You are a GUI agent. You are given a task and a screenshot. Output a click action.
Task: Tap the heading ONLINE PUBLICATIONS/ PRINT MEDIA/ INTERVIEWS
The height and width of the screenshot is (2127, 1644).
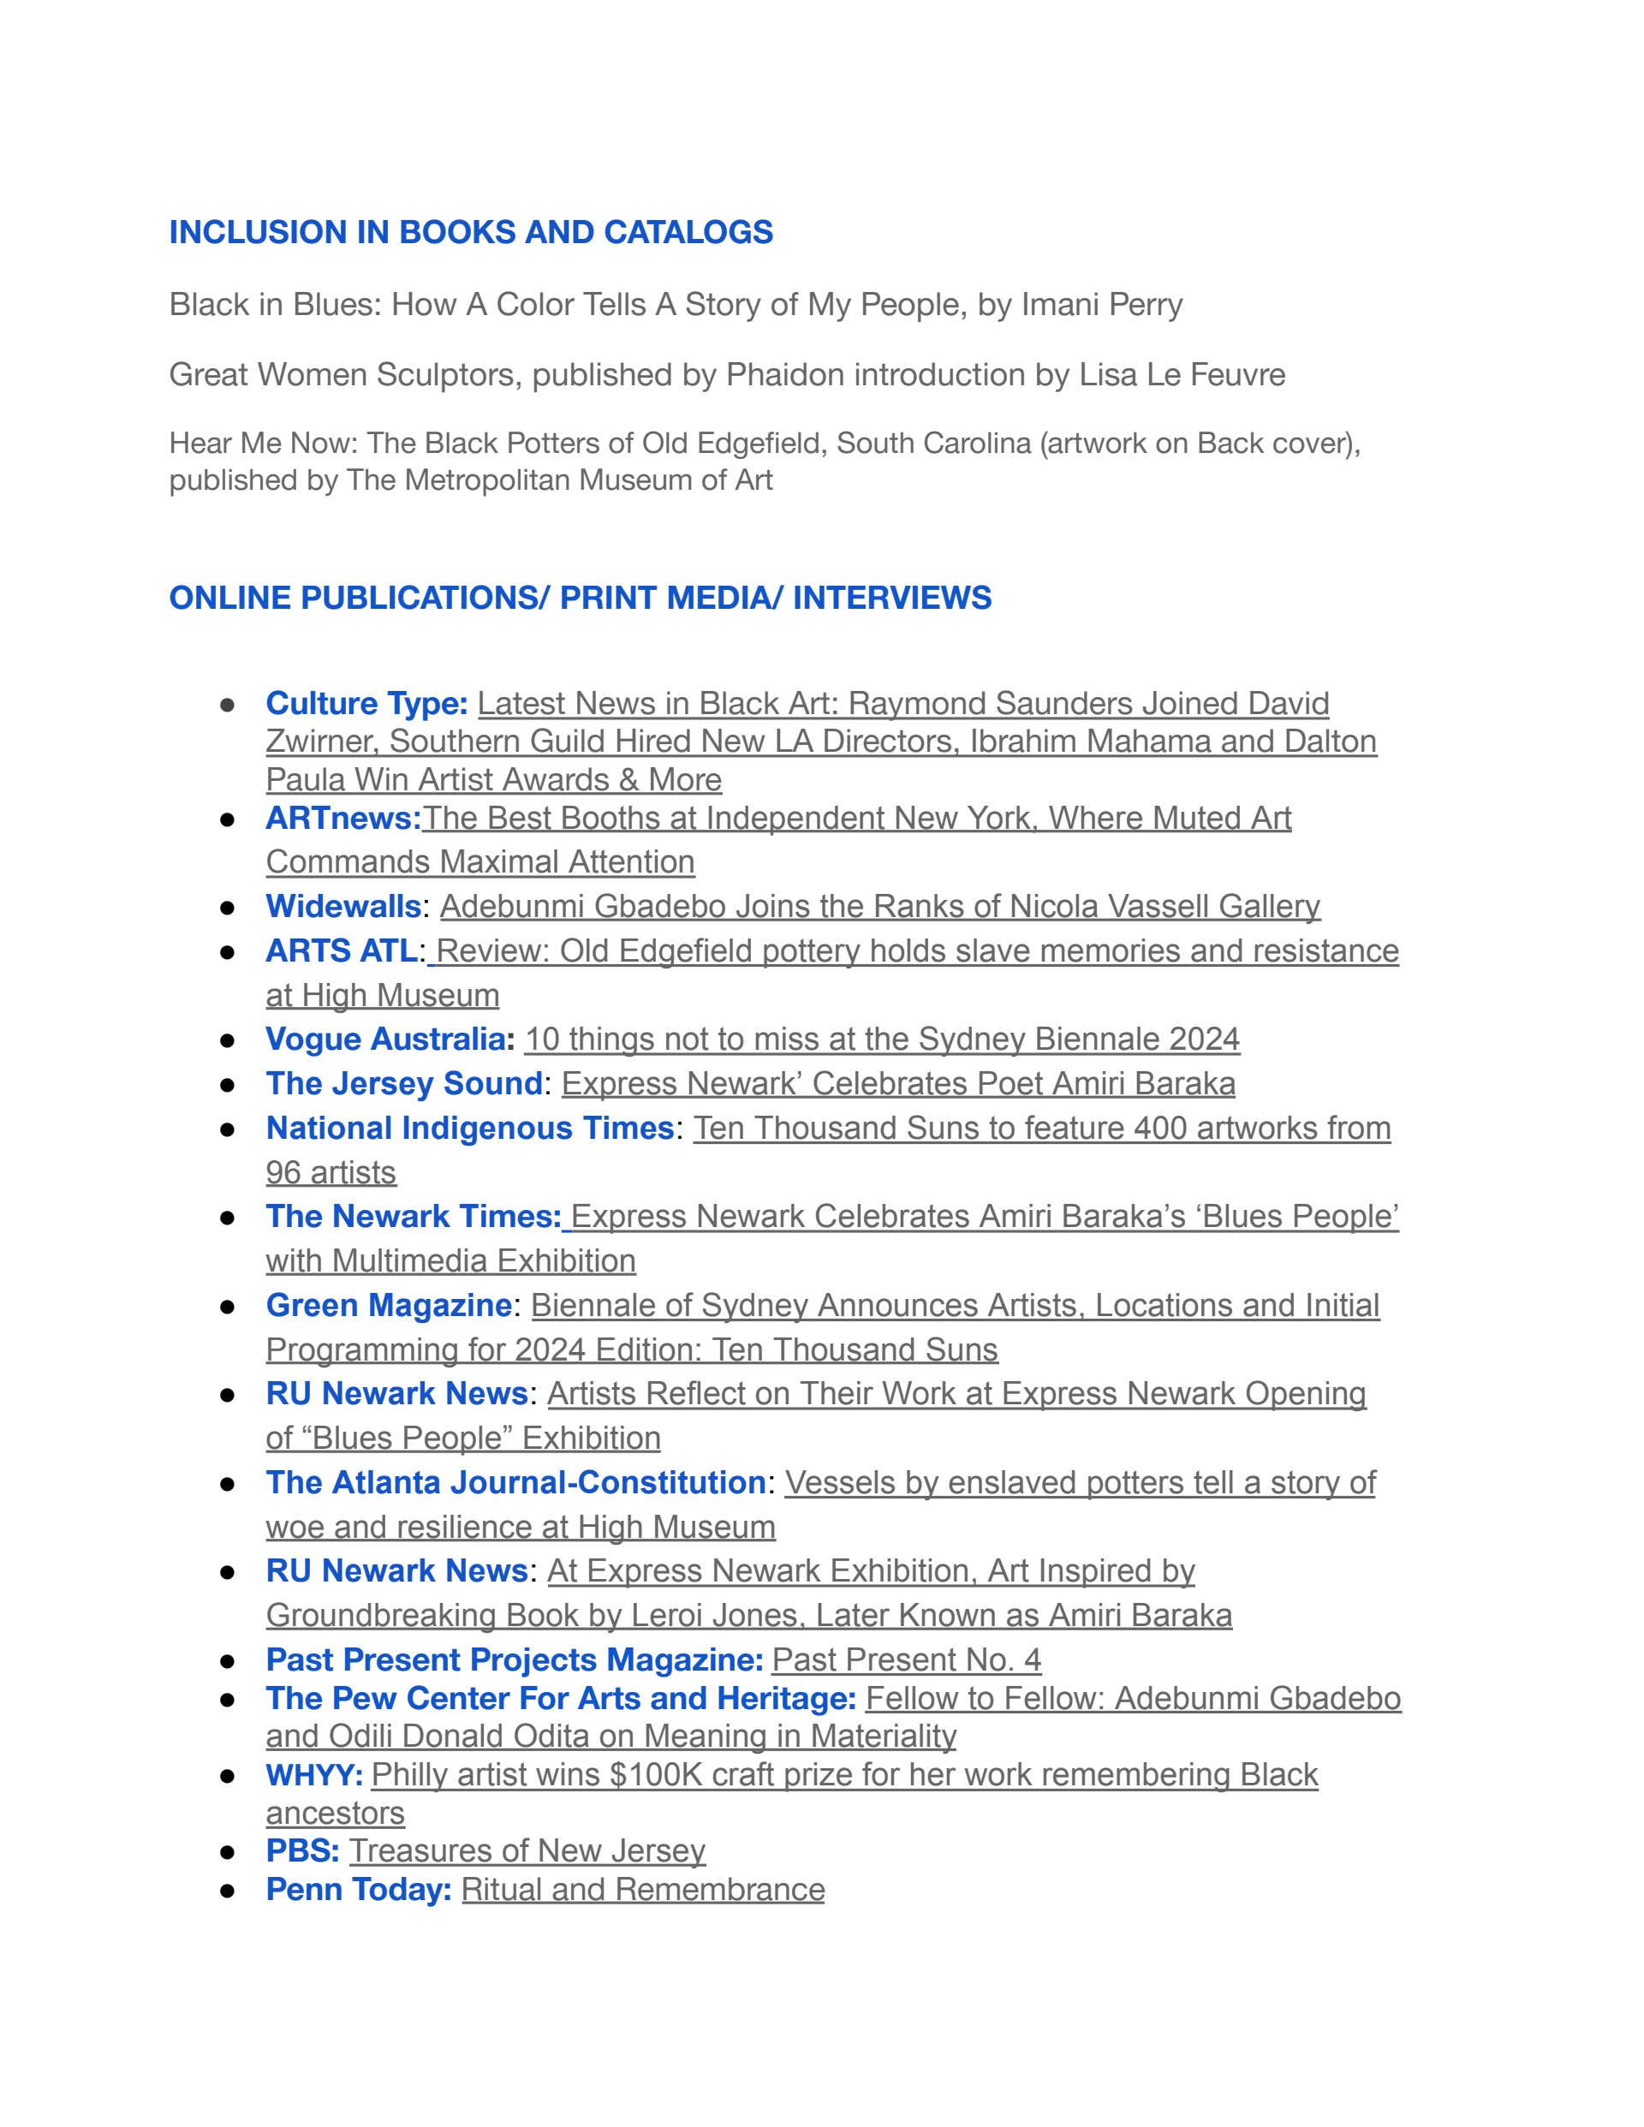point(580,597)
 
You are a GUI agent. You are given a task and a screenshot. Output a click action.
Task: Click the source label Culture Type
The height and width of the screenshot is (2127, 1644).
point(366,703)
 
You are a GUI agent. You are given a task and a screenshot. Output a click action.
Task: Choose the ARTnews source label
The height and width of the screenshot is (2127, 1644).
point(342,818)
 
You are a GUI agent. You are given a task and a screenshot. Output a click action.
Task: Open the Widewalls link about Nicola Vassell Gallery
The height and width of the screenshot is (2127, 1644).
point(879,907)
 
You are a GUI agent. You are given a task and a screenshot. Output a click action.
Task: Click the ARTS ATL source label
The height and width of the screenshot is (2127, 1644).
point(341,950)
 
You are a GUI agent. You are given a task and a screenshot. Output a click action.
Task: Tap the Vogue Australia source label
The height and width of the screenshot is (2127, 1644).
point(385,1040)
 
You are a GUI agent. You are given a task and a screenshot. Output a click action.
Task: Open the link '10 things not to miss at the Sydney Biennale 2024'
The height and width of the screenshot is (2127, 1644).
point(881,1040)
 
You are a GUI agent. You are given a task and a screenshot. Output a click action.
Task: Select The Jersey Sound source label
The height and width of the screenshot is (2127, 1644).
point(403,1084)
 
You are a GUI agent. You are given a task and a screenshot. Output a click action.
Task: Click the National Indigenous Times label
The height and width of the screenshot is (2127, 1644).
point(469,1128)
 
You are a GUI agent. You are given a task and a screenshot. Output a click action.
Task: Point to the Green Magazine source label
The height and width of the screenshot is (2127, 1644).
point(389,1305)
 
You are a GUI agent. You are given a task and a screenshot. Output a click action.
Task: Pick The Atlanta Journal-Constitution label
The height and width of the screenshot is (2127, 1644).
point(515,1482)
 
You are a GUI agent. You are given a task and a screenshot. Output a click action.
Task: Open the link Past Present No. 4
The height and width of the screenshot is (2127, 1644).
point(906,1659)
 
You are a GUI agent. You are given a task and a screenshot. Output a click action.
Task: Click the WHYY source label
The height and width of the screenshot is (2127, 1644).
point(313,1774)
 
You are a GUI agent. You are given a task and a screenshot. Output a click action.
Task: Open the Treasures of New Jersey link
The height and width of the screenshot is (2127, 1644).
point(527,1850)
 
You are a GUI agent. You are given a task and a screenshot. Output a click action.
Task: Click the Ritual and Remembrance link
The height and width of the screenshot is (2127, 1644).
point(643,1889)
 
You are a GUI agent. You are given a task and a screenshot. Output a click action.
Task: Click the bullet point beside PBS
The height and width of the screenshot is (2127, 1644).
point(228,1851)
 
